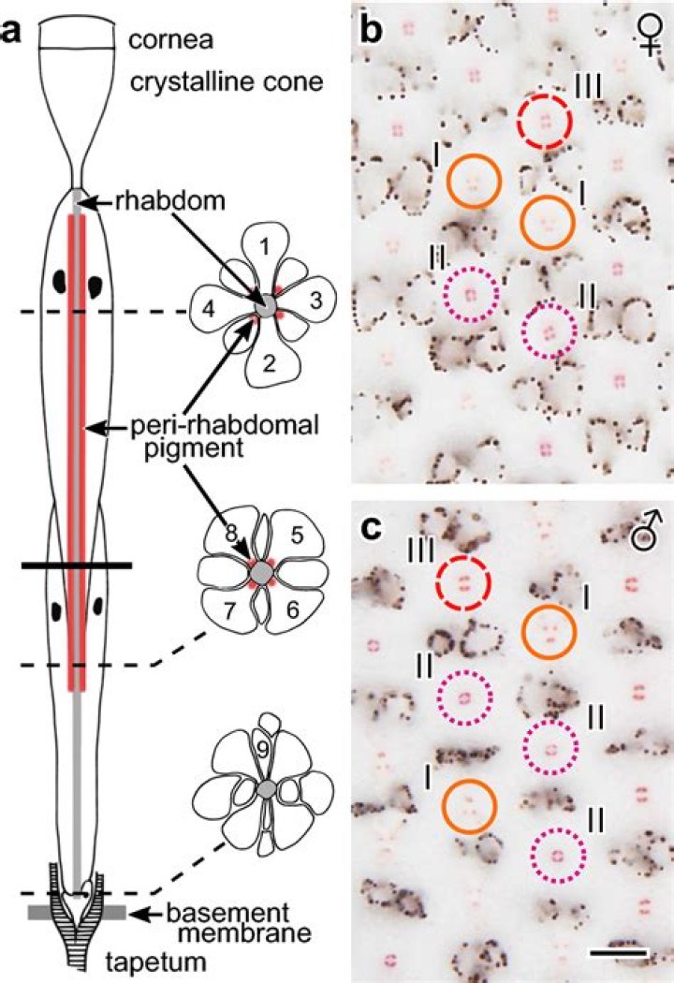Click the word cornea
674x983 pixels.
[170, 41]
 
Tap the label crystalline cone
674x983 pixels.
[227, 81]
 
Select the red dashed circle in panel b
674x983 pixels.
[544, 122]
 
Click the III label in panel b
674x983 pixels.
[588, 86]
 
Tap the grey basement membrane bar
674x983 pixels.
[77, 913]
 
